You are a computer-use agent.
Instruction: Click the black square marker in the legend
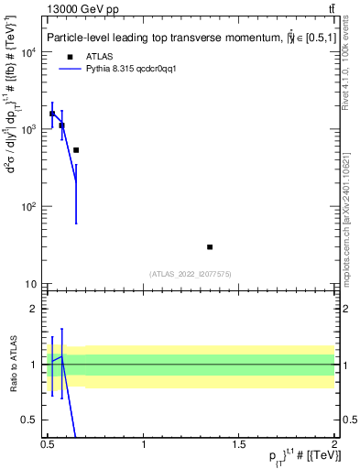click(70, 55)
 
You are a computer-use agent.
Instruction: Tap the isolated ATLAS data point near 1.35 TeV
click(210, 247)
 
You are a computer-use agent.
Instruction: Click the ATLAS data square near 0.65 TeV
click(76, 150)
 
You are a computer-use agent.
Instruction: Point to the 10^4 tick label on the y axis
click(29, 51)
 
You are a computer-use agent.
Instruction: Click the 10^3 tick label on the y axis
click(29, 129)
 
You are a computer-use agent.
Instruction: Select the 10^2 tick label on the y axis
click(29, 207)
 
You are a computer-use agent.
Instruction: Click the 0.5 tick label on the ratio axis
click(30, 420)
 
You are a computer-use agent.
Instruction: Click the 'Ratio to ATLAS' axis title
click(12, 364)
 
